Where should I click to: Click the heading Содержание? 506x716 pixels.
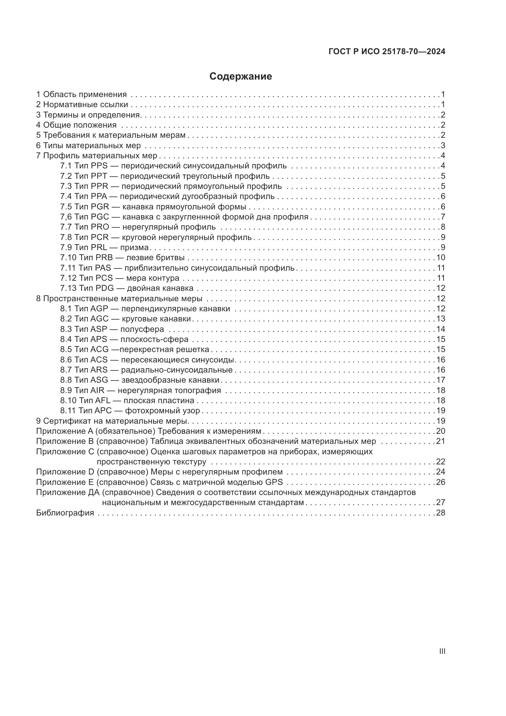[x=240, y=77]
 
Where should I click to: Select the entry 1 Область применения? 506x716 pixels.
[x=81, y=94]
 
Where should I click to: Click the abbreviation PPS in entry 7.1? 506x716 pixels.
[x=99, y=166]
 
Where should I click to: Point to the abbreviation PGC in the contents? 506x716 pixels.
[x=100, y=217]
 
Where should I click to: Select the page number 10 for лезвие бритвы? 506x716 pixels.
[x=441, y=257]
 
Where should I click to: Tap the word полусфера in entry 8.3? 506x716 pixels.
[x=142, y=329]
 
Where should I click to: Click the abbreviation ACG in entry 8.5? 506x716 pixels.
[x=99, y=349]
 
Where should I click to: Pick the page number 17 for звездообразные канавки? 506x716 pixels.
[x=441, y=380]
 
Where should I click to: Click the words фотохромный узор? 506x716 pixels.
[x=162, y=410]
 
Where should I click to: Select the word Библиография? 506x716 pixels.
[x=65, y=513]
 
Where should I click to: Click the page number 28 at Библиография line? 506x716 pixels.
[x=441, y=513]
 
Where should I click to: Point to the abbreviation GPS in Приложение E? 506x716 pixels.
[x=274, y=482]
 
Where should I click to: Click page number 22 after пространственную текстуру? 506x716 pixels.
[x=441, y=462]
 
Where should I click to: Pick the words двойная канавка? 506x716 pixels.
[x=160, y=288]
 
